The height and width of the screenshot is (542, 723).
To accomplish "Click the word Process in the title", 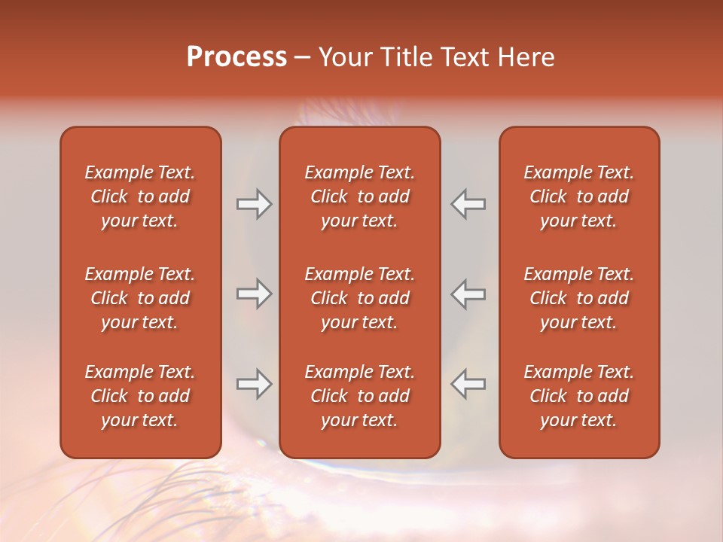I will (x=236, y=57).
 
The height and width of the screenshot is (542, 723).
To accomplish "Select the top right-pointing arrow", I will (x=255, y=204).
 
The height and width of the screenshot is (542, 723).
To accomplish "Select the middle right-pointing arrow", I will (x=255, y=294).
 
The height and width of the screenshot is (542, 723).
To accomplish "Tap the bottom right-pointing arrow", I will (x=255, y=384).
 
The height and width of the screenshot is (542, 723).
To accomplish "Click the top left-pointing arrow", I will (x=468, y=204).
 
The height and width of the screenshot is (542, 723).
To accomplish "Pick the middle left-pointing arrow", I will (x=468, y=294).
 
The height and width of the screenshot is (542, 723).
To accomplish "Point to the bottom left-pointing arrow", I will (x=468, y=384).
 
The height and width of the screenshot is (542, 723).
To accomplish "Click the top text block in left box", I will (x=140, y=196).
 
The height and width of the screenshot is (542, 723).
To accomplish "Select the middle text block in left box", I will (x=140, y=298).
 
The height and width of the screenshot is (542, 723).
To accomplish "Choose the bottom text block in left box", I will (x=140, y=396).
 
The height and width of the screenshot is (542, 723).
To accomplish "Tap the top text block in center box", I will (x=359, y=196).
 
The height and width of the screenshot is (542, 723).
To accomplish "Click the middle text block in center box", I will (x=359, y=298).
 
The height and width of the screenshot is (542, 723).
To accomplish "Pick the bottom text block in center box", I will (x=359, y=396).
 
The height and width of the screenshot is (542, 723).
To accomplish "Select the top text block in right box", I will (x=578, y=196).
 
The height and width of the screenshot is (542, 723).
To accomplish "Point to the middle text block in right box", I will (x=578, y=298).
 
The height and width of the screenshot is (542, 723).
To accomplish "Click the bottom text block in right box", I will (x=578, y=396).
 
